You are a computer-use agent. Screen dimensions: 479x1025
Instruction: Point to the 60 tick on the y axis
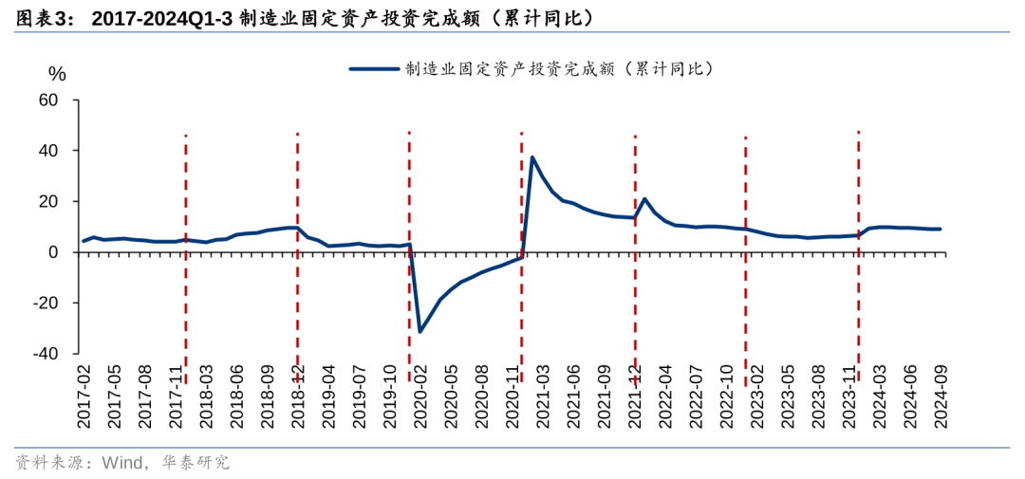[48, 101]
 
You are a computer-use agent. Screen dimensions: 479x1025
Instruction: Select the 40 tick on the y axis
[48, 151]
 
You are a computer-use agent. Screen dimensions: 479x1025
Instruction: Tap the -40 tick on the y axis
[46, 354]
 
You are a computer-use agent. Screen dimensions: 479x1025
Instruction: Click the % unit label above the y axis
[57, 73]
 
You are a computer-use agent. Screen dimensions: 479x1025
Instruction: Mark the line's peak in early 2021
[532, 157]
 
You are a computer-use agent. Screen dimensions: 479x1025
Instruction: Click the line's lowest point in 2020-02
[420, 331]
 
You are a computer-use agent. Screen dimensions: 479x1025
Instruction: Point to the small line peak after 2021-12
[644, 199]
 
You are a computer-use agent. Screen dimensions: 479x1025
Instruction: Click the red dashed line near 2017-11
[185, 190]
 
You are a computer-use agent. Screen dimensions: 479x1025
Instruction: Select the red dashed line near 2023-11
[858, 190]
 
